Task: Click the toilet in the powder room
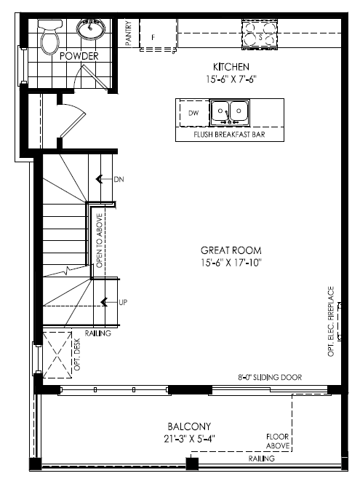tap(49, 37)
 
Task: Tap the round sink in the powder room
tap(89, 28)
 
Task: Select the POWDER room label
tap(79, 56)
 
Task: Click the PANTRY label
tap(129, 33)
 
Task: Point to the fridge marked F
tap(158, 35)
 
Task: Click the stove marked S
tap(260, 34)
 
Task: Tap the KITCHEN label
tap(231, 67)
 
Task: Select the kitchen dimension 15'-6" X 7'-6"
tap(231, 79)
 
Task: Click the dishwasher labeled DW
tap(194, 113)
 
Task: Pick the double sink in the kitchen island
tap(230, 113)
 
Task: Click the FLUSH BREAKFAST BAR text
tap(229, 135)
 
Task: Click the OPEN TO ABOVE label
tap(100, 241)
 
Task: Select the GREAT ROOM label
tap(231, 250)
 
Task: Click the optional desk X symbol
tap(57, 355)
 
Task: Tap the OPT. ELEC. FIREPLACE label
tap(331, 321)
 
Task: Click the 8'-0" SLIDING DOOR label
tap(270, 377)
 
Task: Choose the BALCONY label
tap(189, 427)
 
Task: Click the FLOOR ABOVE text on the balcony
tap(278, 441)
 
